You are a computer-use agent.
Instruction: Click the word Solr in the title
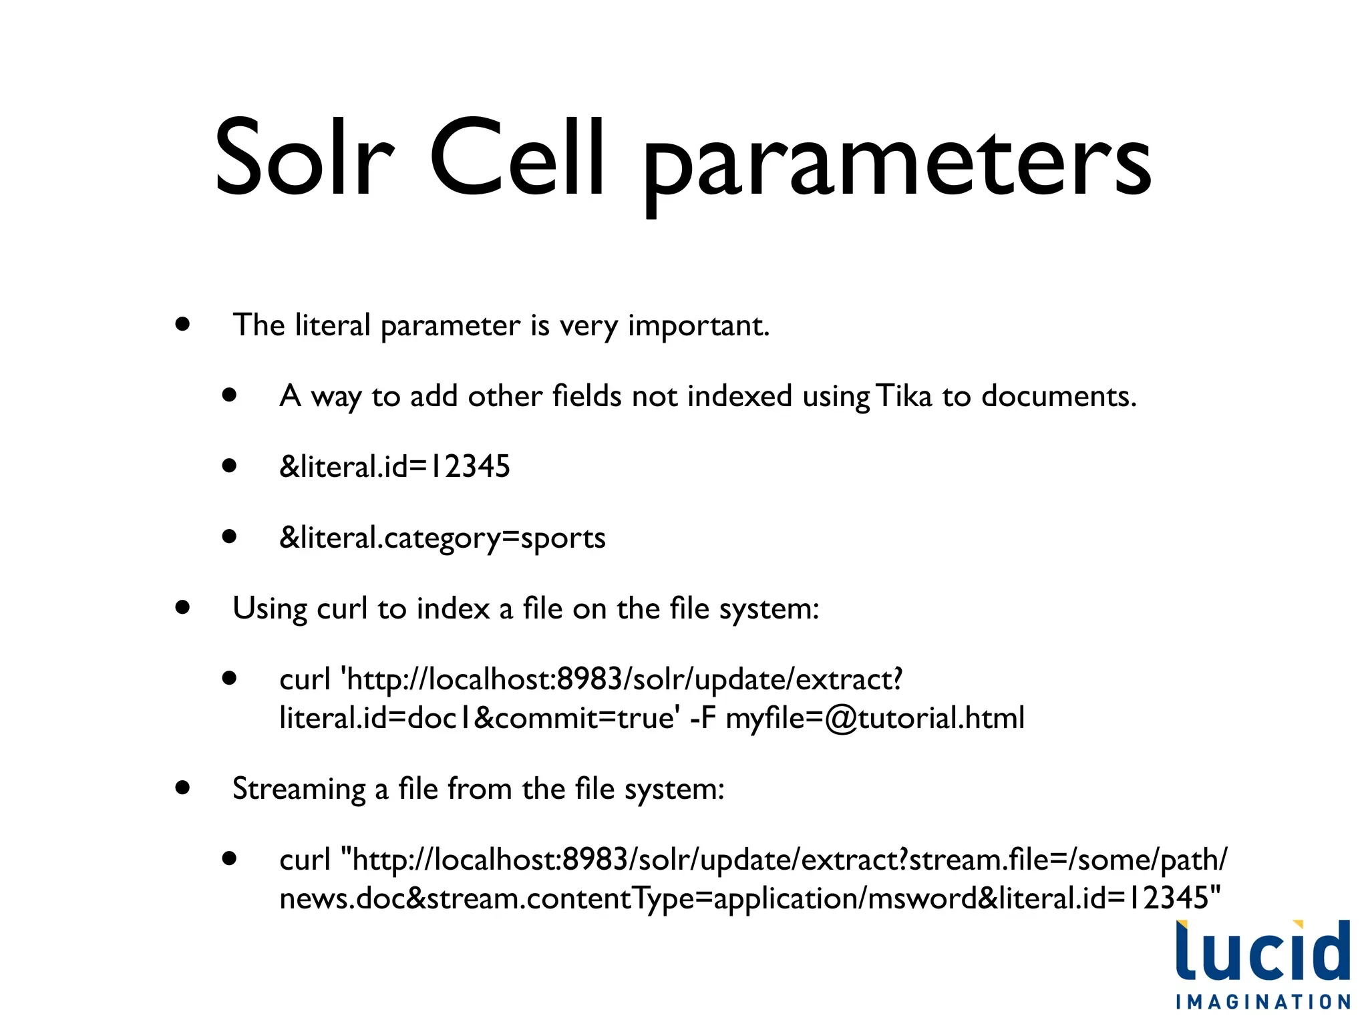(x=304, y=158)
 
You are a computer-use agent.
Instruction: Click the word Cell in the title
(x=518, y=158)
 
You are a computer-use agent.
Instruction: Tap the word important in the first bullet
(x=698, y=326)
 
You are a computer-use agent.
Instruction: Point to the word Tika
(x=904, y=396)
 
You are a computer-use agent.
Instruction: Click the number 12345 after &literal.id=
(x=470, y=466)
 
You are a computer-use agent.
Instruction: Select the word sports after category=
(x=563, y=538)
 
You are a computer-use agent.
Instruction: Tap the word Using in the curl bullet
(x=270, y=609)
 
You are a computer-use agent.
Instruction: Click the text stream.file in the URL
(x=979, y=860)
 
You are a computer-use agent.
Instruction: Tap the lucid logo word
(x=1262, y=951)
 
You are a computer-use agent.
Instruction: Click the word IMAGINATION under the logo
(x=1262, y=1002)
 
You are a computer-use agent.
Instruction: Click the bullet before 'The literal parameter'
(x=182, y=325)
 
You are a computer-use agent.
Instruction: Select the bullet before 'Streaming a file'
(x=182, y=788)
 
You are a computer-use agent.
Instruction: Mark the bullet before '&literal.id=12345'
(x=230, y=466)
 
